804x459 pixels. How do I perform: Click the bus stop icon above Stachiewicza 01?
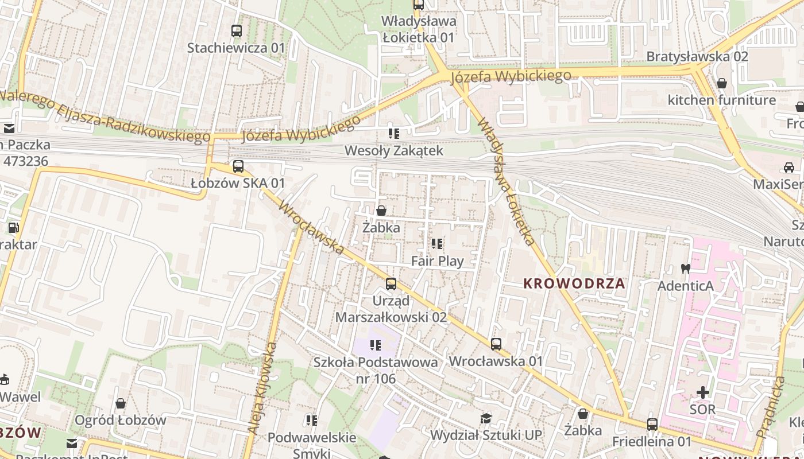coord(236,30)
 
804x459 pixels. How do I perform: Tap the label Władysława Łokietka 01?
coord(419,29)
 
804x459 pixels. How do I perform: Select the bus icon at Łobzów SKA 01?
coord(238,166)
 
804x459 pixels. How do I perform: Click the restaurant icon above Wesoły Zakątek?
coord(393,134)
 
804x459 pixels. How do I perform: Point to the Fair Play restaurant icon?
coord(437,244)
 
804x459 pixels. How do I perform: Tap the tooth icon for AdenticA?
coord(685,268)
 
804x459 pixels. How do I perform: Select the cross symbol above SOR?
coord(702,392)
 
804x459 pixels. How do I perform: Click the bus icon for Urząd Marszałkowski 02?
coord(391,283)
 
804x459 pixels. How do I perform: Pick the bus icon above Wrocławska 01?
coord(496,344)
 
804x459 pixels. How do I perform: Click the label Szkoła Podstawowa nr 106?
coord(376,370)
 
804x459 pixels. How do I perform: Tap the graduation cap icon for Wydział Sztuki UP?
coord(486,418)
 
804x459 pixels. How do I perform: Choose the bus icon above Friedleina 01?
coord(652,425)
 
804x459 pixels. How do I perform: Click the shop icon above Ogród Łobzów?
coord(120,403)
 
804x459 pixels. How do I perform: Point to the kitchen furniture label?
coord(721,100)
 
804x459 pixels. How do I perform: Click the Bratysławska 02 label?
coord(697,56)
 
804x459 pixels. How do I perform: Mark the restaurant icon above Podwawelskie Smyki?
coord(311,421)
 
